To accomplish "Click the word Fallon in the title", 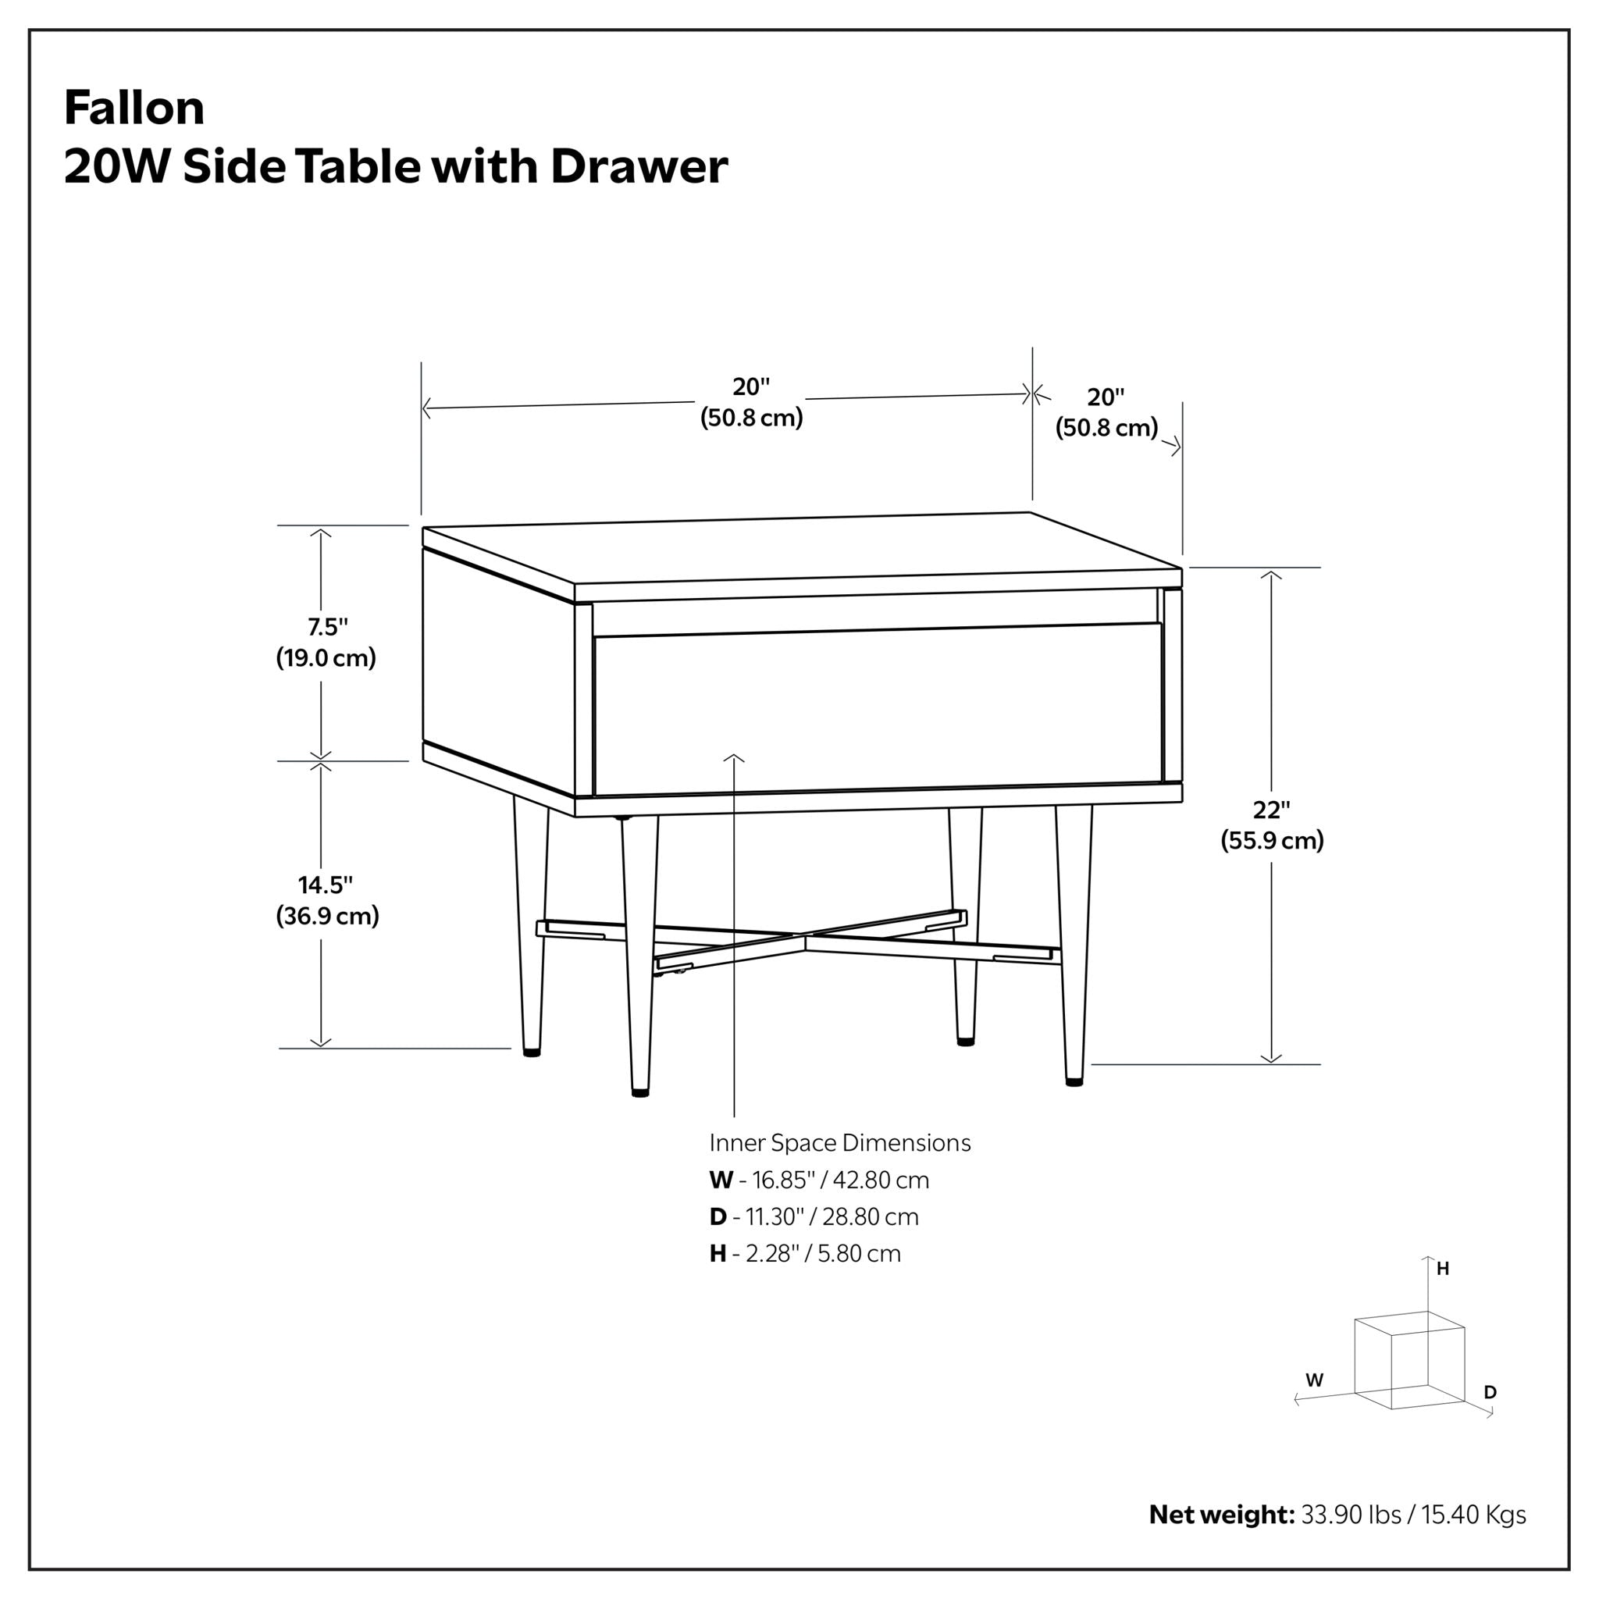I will [x=134, y=108].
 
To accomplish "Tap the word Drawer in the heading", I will [x=639, y=166].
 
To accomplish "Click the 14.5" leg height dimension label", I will [x=326, y=885].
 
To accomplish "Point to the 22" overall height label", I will [x=1271, y=810].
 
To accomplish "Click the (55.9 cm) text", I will [x=1272, y=841].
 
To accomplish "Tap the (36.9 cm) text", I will [x=328, y=916].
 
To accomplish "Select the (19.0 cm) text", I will [x=326, y=658].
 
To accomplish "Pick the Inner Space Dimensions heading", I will [x=839, y=1143].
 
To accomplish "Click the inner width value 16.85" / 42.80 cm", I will [x=840, y=1180].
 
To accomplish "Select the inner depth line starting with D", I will [x=814, y=1216].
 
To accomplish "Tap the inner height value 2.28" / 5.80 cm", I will [x=823, y=1253].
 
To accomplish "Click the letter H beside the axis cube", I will [x=1443, y=1269].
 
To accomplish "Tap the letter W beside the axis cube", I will [x=1314, y=1380].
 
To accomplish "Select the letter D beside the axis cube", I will [x=1490, y=1392].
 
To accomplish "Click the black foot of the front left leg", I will [x=639, y=1092].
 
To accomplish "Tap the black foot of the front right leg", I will [x=1074, y=1081].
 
